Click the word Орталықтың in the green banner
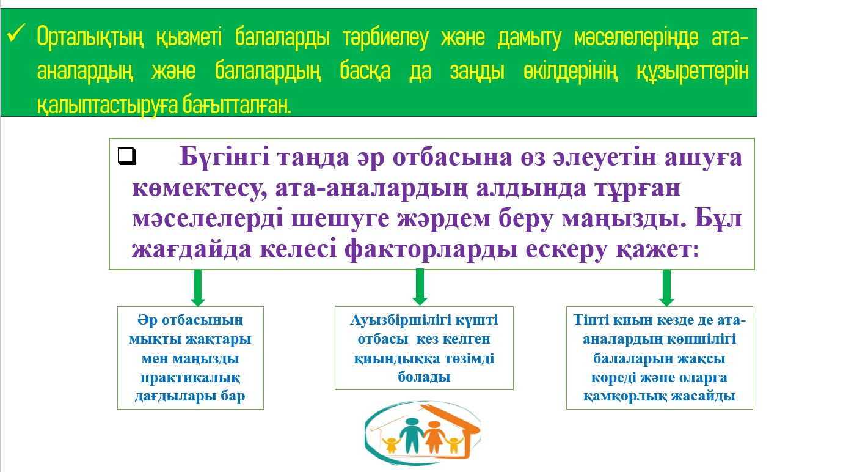coord(90,37)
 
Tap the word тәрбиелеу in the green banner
coord(385,38)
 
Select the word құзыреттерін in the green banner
coord(693,72)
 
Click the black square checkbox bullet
coord(126,156)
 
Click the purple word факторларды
coord(431,250)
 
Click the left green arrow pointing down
coord(198,287)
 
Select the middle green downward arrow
coord(420,287)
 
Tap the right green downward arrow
coord(666,288)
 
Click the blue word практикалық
coord(191,377)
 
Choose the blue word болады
coord(424,377)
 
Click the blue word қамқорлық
coord(622,396)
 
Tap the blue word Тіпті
coord(591,320)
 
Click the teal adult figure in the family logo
coord(412,435)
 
